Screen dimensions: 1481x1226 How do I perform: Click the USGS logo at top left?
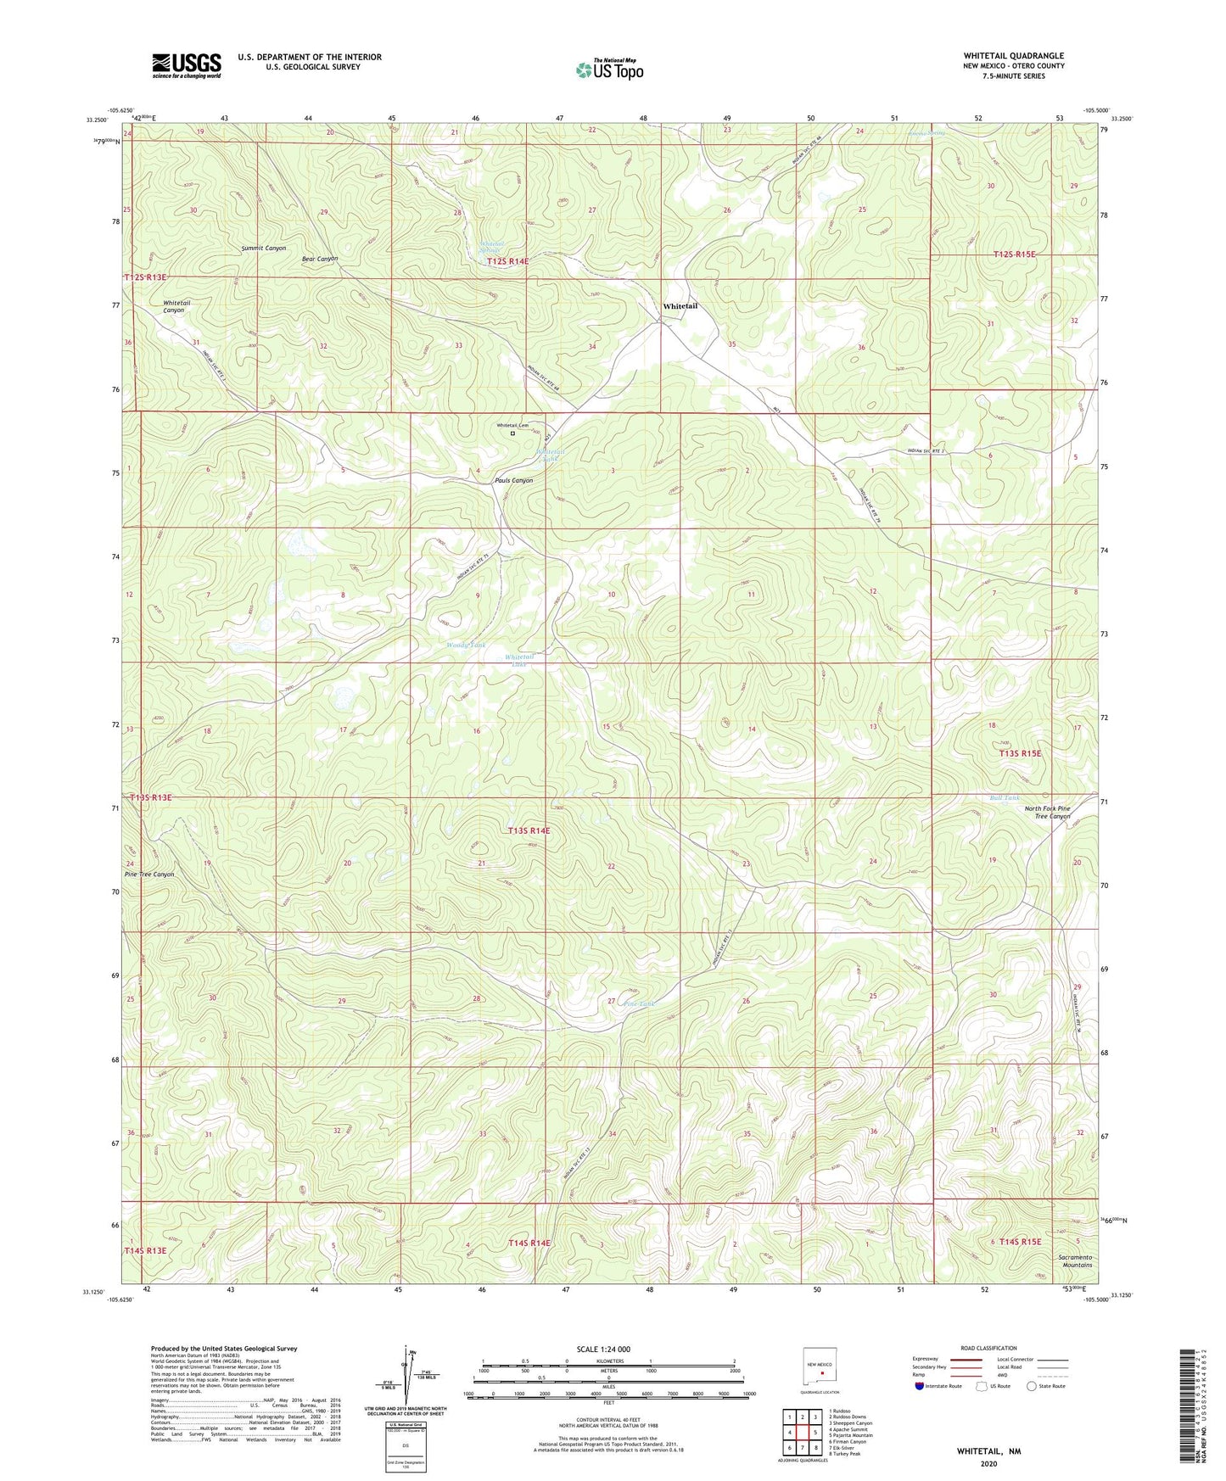point(187,65)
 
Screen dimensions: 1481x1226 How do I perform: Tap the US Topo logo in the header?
point(609,70)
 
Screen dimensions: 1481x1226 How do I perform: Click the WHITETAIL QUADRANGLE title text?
point(1013,56)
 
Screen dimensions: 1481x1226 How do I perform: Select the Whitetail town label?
point(680,306)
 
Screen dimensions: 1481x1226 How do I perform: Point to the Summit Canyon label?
point(263,249)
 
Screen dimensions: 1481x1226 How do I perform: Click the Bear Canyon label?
point(320,259)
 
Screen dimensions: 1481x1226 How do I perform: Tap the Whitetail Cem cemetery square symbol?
point(512,433)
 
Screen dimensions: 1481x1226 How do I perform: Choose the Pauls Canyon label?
point(514,481)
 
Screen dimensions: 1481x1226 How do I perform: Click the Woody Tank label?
point(466,645)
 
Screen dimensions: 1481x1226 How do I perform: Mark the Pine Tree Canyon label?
point(149,875)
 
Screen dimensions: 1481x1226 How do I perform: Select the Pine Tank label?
point(640,1003)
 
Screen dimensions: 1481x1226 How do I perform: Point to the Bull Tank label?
point(1005,798)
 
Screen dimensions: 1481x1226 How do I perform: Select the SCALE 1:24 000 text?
point(603,1350)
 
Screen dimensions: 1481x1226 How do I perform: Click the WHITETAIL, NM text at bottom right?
point(988,1451)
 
